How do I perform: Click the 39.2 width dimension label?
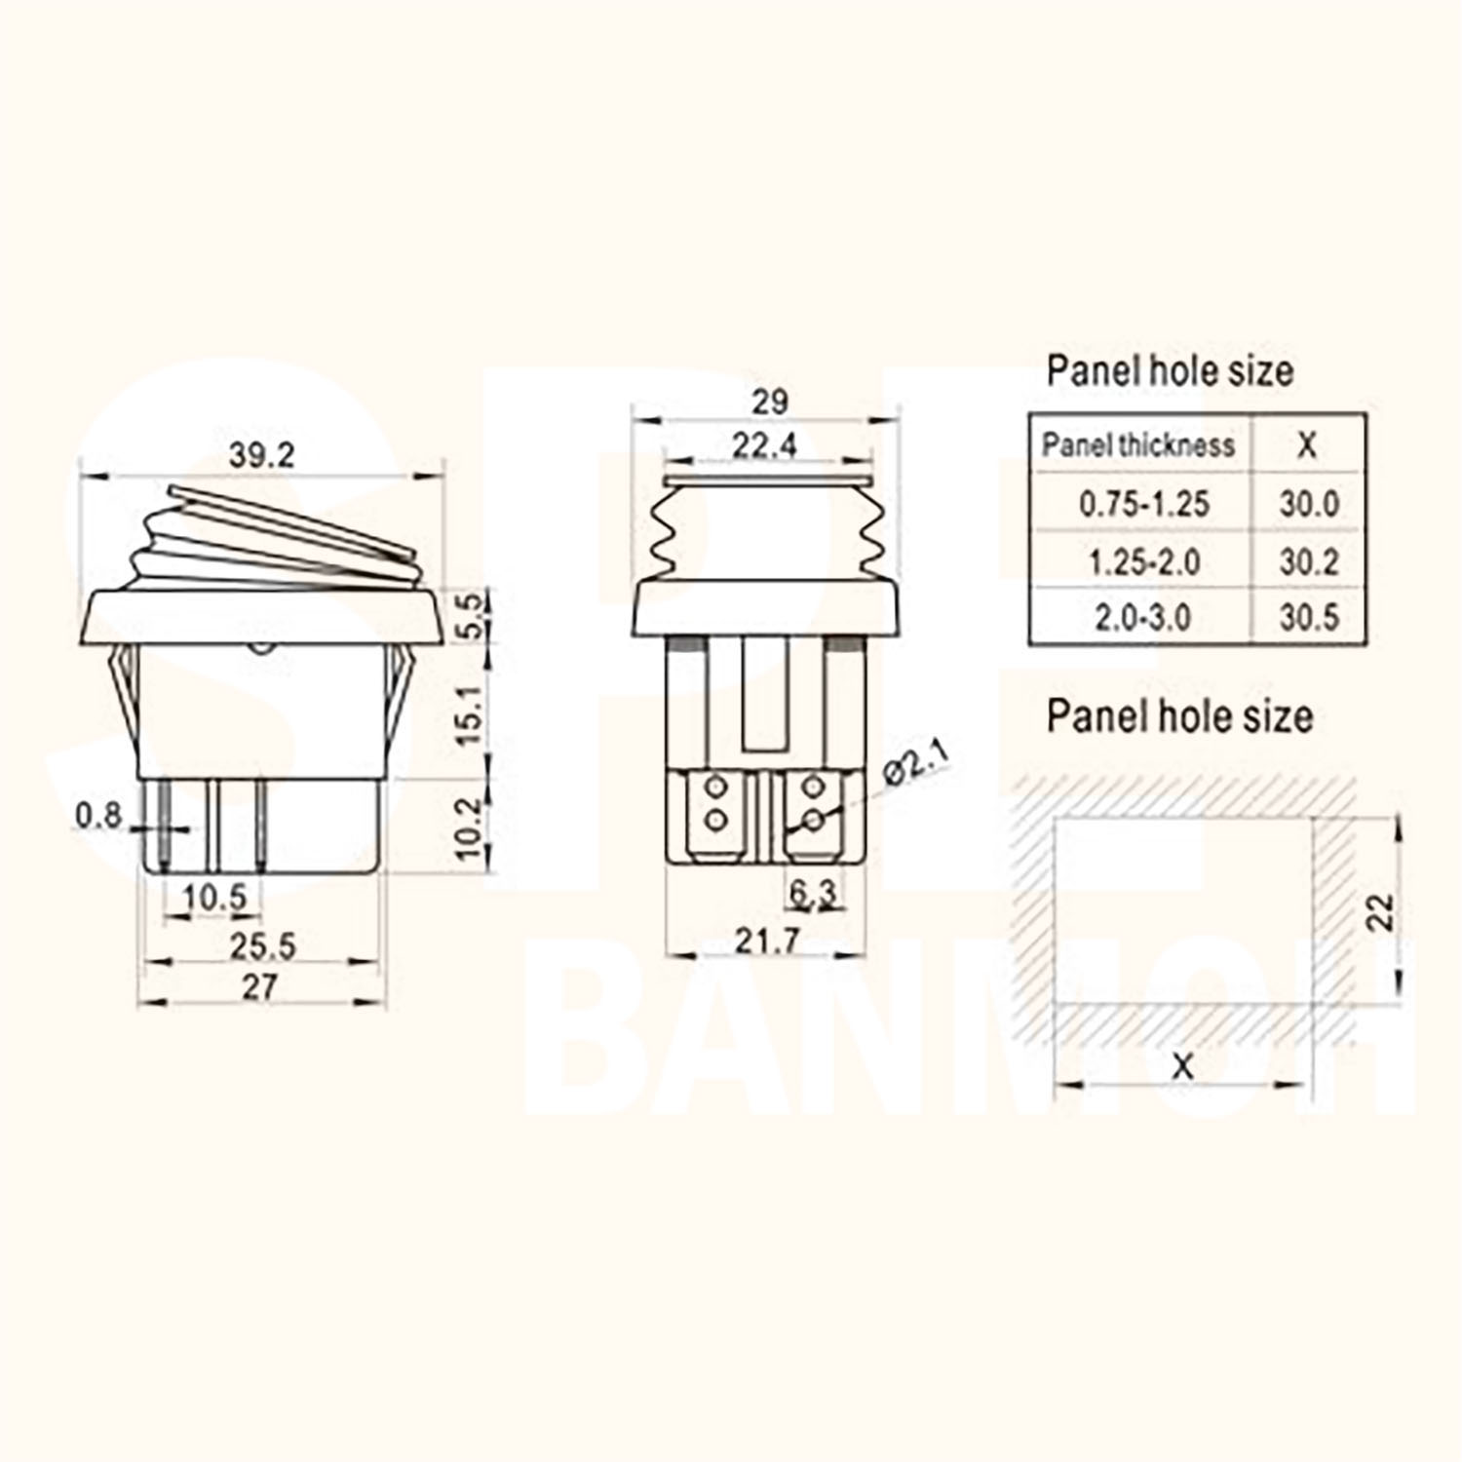point(261,455)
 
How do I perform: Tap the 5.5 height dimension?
point(470,615)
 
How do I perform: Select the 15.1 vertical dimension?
point(470,714)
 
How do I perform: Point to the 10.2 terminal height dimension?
point(470,828)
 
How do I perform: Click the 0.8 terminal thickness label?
point(99,815)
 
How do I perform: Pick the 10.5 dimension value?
point(214,897)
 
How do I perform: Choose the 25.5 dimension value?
point(261,945)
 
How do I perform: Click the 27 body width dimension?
point(259,986)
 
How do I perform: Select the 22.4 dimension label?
point(764,445)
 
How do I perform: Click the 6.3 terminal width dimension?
point(812,893)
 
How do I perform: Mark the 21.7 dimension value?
point(766,941)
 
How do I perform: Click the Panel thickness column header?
point(1137,445)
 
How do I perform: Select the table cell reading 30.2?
point(1308,562)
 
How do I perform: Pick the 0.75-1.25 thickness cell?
point(1143,504)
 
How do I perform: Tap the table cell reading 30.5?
point(1308,617)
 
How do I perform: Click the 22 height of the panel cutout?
point(1381,912)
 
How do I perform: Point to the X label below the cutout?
point(1181,1066)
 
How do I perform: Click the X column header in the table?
point(1307,445)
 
